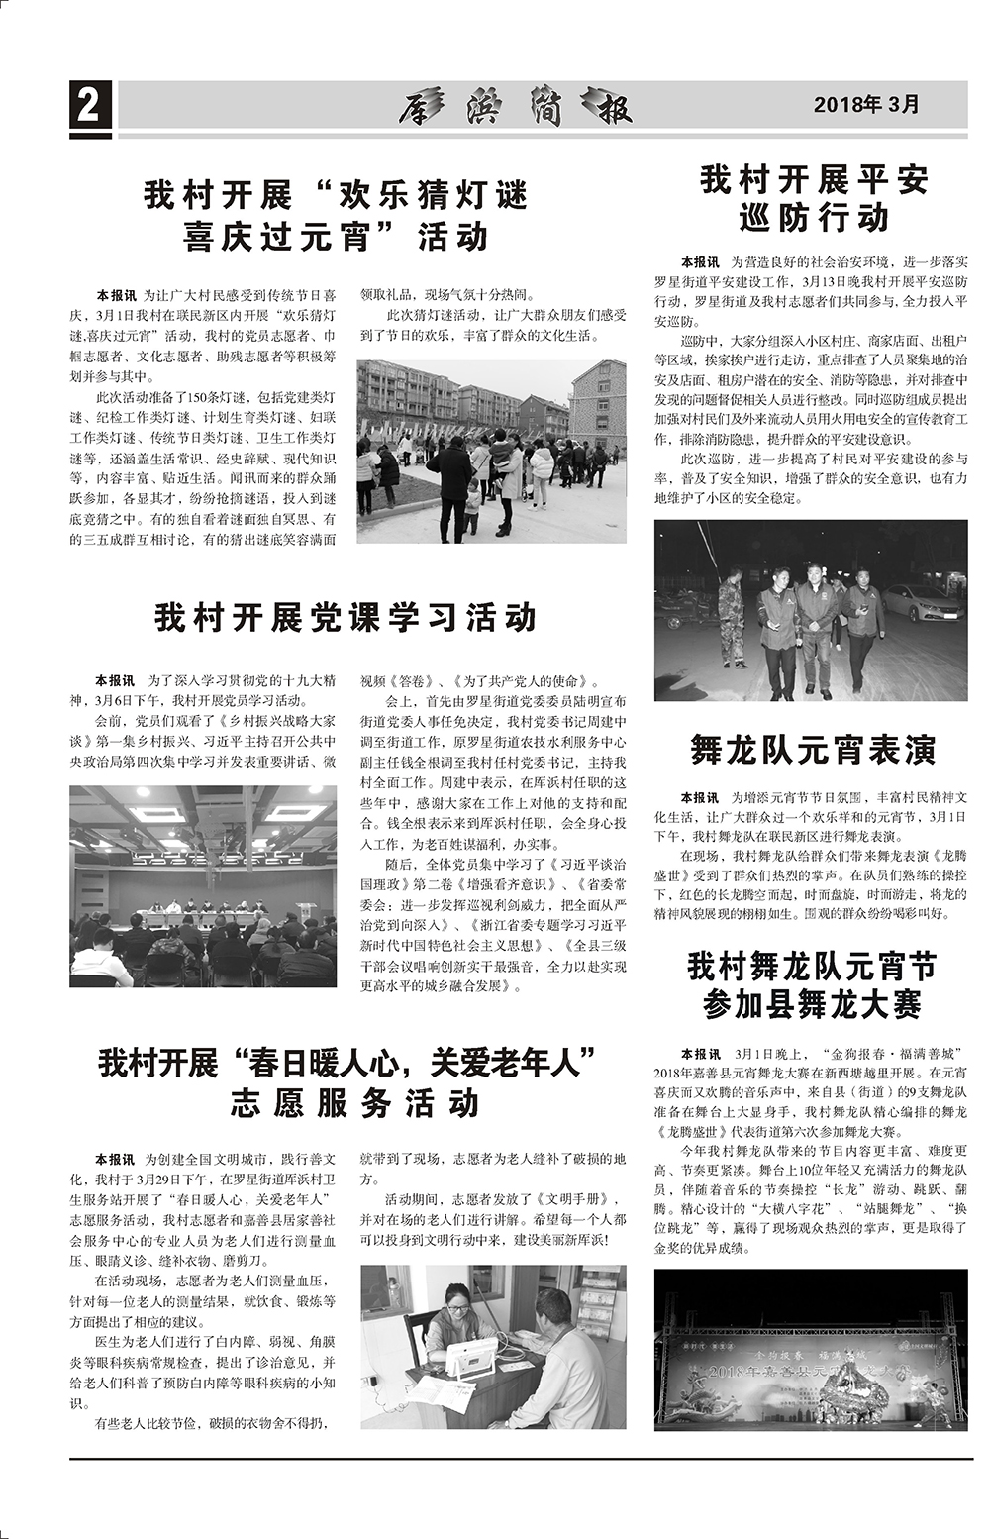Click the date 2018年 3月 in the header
tap(866, 104)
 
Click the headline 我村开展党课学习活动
tap(346, 617)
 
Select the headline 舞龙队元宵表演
tap(813, 750)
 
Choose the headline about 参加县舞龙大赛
tap(812, 984)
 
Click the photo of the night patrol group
tap(810, 610)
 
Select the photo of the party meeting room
tap(203, 886)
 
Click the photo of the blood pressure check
tap(492, 1346)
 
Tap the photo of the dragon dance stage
tap(810, 1349)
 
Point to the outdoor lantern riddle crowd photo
tap(491, 451)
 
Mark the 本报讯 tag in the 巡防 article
tap(699, 262)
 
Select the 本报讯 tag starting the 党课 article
tap(115, 681)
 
